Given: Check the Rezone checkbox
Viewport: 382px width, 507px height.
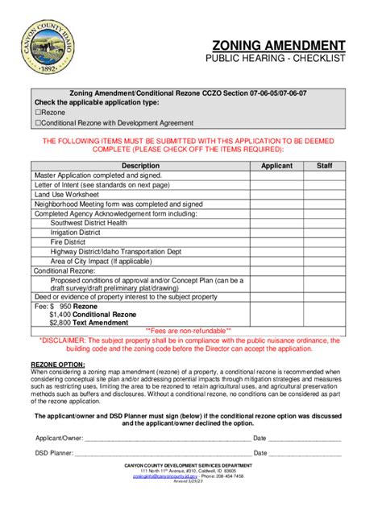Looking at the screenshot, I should click(x=37, y=113).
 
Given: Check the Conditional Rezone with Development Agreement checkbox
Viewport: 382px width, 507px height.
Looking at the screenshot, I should click(x=37, y=124).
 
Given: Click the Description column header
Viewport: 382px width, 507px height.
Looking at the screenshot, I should click(x=140, y=165).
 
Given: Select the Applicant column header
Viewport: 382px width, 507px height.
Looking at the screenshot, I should click(x=276, y=165).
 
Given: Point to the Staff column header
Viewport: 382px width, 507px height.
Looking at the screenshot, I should click(x=324, y=165).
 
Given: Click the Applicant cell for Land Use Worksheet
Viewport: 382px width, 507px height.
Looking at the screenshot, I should click(x=276, y=195).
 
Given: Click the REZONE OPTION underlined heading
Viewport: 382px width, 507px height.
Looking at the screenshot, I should click(x=57, y=365).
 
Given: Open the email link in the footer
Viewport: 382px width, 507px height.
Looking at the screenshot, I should click(x=158, y=476).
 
